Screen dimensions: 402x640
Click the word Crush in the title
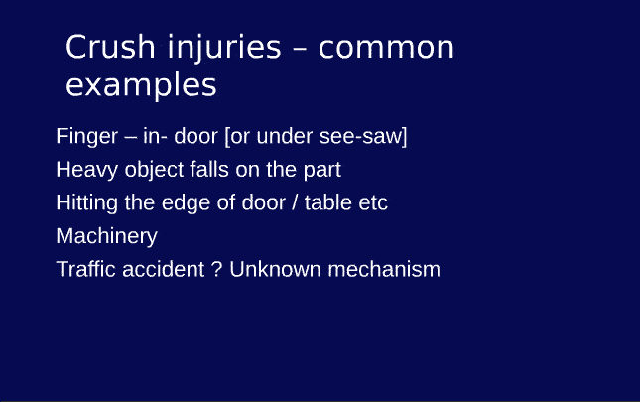(103, 48)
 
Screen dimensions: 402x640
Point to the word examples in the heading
(141, 86)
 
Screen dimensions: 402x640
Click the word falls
(209, 170)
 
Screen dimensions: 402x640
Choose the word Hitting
(86, 203)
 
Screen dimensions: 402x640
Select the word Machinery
(106, 236)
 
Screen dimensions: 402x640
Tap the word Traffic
(86, 269)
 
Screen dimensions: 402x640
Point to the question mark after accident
(217, 269)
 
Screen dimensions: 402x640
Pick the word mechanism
(384, 269)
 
